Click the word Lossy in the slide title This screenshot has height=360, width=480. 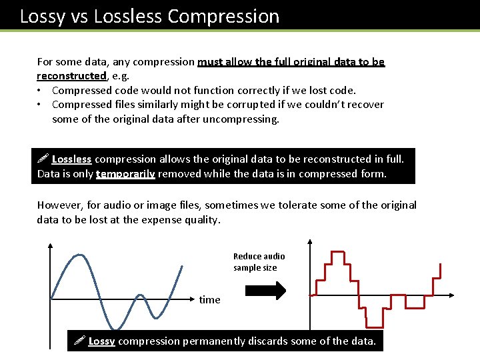(41, 16)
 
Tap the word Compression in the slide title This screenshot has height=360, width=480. (233, 16)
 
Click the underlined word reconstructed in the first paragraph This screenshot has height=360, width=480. (71, 76)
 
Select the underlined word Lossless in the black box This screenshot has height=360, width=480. (71, 159)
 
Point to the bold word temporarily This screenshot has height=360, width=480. (125, 174)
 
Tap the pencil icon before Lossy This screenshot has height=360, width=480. (79, 341)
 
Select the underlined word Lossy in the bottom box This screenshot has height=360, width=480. (101, 341)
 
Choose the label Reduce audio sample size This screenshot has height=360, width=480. (259, 262)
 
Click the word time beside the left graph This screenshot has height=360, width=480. (209, 300)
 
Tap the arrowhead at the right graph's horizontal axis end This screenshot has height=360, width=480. (451, 293)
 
